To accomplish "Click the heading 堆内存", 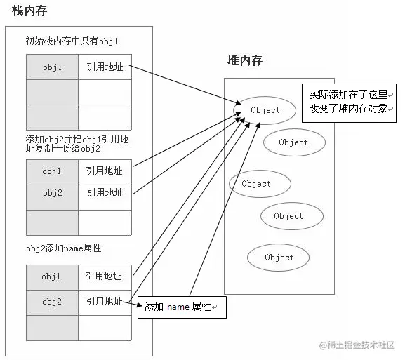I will coord(244,61).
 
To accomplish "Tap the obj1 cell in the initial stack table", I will coord(52,67).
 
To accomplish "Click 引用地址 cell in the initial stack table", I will coord(104,67).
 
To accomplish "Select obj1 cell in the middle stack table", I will coord(52,171).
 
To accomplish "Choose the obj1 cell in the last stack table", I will coord(52,276).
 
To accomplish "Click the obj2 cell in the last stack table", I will coord(52,302).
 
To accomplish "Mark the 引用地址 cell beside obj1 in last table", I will coord(104,276).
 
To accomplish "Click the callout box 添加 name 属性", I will coord(182,307).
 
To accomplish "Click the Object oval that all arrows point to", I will coord(265,110).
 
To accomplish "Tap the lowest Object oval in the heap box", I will coord(279,258).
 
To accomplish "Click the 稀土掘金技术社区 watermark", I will coord(358,345).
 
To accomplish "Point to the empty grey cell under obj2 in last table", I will coord(52,327).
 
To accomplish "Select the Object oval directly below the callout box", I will coord(293,142).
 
